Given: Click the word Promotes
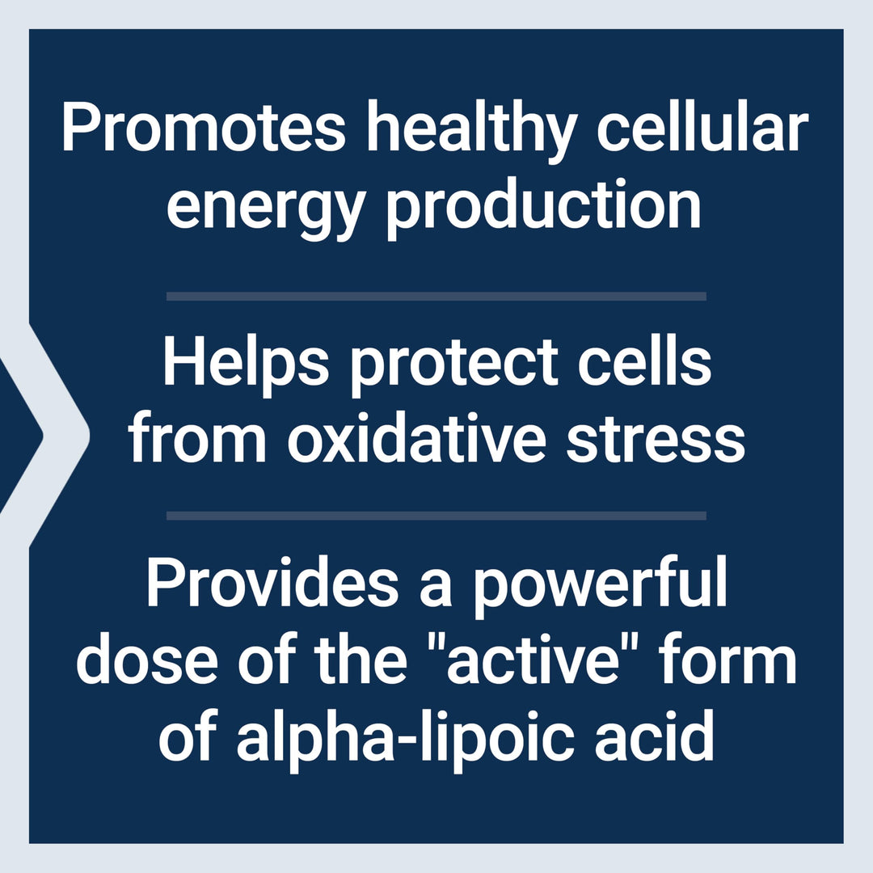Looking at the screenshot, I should click(204, 131).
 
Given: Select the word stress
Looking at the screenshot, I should click(655, 441).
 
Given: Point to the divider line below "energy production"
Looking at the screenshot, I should click(436, 297).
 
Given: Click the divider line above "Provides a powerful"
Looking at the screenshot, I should click(436, 516).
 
